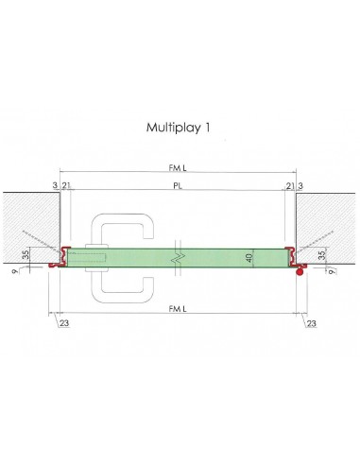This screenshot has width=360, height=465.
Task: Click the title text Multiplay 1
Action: click(x=180, y=126)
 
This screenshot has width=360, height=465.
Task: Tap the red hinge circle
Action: click(x=300, y=273)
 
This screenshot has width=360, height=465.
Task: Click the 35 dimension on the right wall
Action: click(x=323, y=254)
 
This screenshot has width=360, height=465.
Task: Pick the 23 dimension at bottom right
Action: click(x=311, y=324)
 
